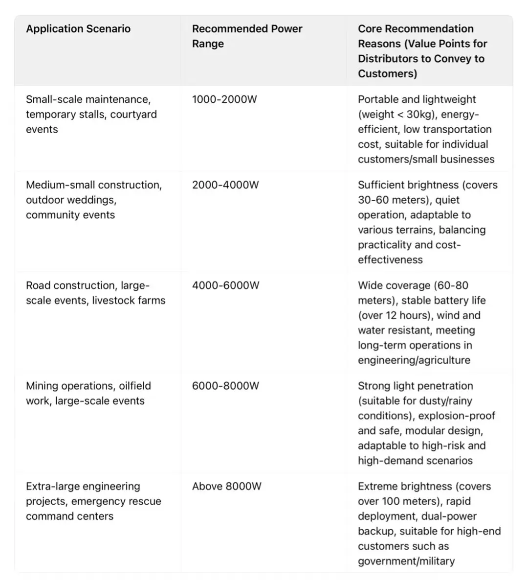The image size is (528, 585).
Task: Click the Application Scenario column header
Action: [x=78, y=29]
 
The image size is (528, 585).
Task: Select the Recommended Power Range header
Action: [x=247, y=36]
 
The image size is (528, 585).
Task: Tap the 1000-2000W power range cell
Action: [x=224, y=99]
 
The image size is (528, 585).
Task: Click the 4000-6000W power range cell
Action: [x=225, y=285]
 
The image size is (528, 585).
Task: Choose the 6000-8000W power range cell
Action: [x=225, y=386]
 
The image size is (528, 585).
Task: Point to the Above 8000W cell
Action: [x=226, y=486]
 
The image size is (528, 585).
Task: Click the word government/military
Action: [x=406, y=561]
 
